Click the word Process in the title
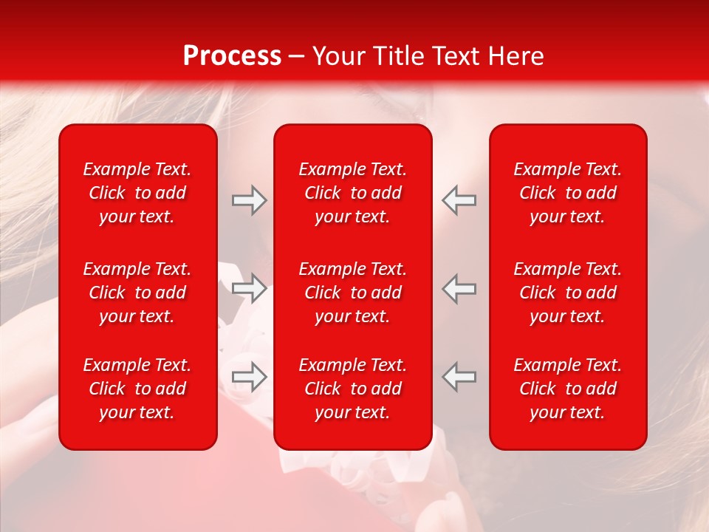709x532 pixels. click(x=232, y=56)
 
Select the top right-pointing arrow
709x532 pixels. click(x=249, y=200)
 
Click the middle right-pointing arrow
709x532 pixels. click(x=249, y=288)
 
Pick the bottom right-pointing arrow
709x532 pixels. click(x=249, y=377)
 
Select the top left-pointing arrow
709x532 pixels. click(x=459, y=200)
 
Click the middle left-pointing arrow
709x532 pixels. click(x=459, y=288)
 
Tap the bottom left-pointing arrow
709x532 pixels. click(x=459, y=377)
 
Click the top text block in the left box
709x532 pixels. click(x=137, y=193)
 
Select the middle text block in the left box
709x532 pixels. click(x=137, y=293)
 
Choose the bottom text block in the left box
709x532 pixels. click(x=137, y=389)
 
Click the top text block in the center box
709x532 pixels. click(x=352, y=193)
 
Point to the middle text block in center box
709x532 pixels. click(x=352, y=293)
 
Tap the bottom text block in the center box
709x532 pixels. click(x=352, y=389)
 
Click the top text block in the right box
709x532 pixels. click(x=567, y=193)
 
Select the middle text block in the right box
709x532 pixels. click(x=567, y=293)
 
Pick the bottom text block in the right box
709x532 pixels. click(x=567, y=389)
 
